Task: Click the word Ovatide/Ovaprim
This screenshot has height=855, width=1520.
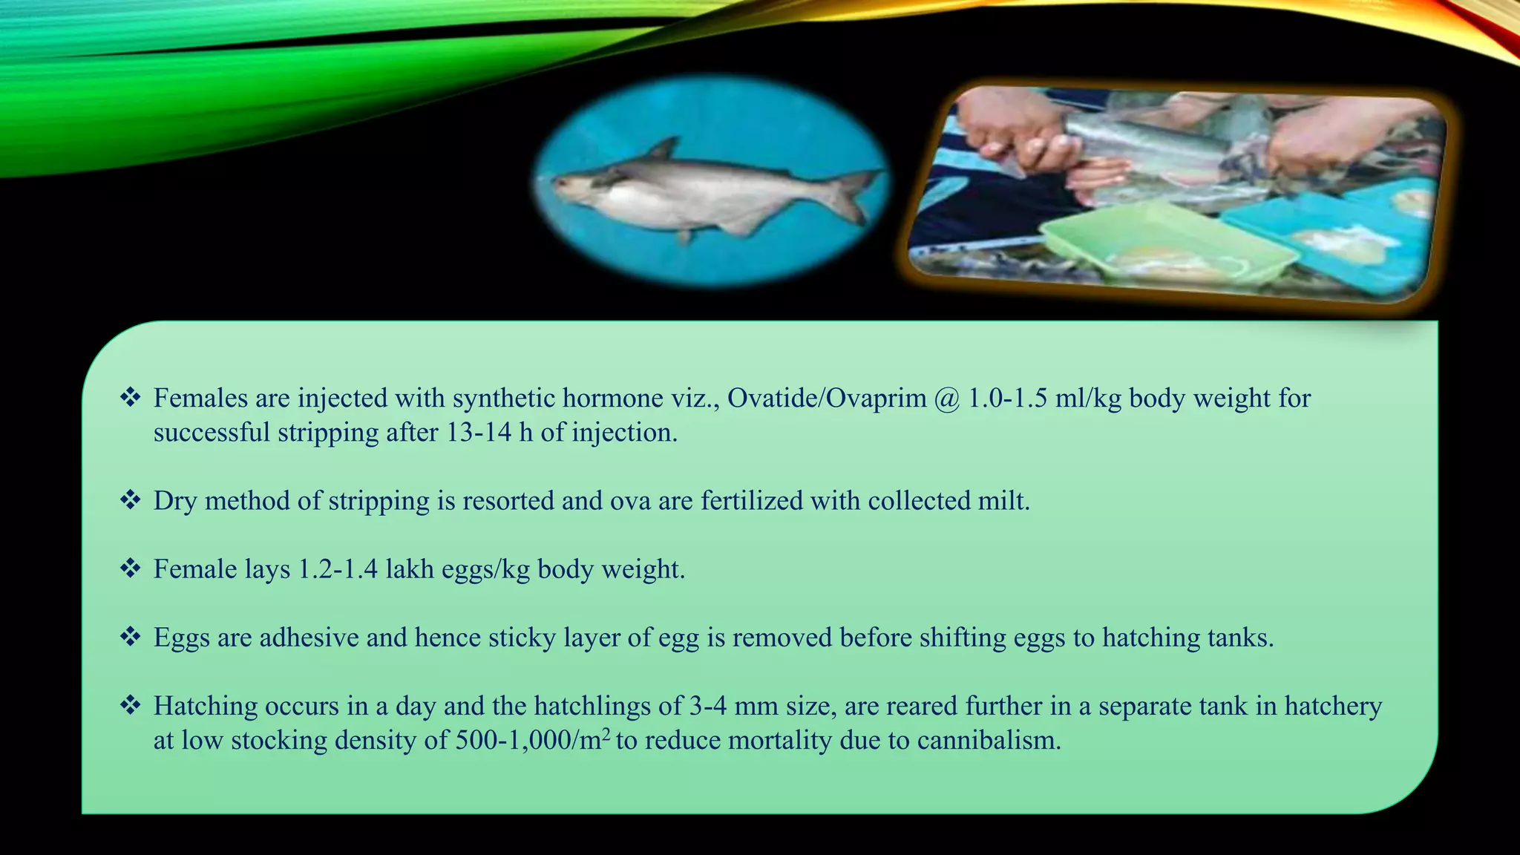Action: [827, 399]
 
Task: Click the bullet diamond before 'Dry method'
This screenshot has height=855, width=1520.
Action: [131, 500]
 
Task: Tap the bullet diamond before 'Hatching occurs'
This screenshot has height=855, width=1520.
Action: [131, 705]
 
